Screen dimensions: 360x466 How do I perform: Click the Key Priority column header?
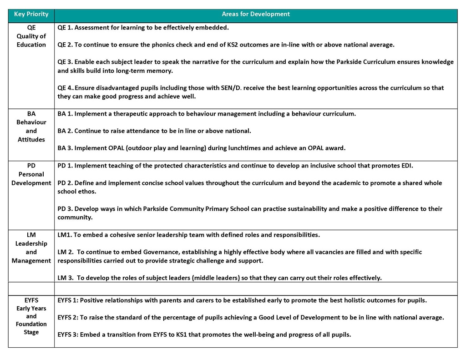click(x=31, y=14)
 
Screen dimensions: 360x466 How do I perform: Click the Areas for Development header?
click(x=256, y=14)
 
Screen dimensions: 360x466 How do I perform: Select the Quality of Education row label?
click(x=31, y=36)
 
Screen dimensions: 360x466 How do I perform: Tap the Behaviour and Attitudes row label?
click(x=31, y=127)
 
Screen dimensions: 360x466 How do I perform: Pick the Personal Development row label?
click(x=31, y=174)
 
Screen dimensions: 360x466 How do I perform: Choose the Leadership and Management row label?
click(x=31, y=248)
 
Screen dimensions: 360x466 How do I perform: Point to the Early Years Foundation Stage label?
click(x=31, y=316)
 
